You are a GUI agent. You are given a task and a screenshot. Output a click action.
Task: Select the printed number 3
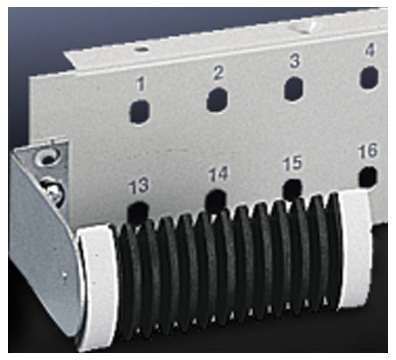(x=294, y=61)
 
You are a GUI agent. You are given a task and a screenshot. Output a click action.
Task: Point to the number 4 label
(x=370, y=50)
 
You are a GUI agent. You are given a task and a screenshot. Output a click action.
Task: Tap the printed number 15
(x=292, y=163)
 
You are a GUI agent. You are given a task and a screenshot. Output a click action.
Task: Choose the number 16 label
(x=368, y=151)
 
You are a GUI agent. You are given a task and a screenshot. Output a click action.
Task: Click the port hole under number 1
(x=140, y=112)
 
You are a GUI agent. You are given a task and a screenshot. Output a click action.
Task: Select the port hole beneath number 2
(x=217, y=100)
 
